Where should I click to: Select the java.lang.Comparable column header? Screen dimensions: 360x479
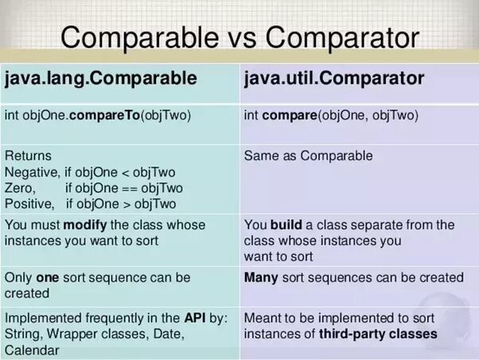click(101, 79)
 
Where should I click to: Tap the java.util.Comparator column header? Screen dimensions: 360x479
click(334, 79)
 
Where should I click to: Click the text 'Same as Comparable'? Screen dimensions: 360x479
click(308, 155)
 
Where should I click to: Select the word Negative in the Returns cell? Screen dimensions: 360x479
click(31, 172)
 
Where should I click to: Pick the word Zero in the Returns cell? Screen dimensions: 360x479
click(20, 188)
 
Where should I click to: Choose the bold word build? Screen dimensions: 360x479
click(287, 225)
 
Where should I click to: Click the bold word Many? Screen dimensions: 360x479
click(261, 277)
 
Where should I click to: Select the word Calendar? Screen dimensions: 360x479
click(32, 350)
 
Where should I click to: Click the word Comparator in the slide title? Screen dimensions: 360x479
click(344, 37)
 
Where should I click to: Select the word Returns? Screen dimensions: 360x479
click(28, 155)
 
